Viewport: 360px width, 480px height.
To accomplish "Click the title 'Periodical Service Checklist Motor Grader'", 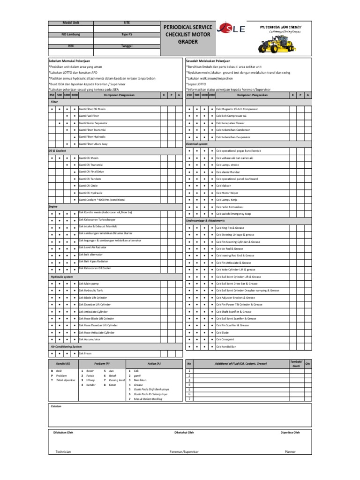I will [x=187, y=35].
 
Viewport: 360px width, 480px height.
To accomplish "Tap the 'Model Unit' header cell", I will [x=71, y=22].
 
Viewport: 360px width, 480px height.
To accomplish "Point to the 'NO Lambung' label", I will [x=71, y=35].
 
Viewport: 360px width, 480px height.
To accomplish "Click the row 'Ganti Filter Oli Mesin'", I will [x=92, y=108].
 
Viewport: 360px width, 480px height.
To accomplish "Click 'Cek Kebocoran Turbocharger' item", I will [x=97, y=220].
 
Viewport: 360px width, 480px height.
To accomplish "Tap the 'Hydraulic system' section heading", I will [x=62, y=277].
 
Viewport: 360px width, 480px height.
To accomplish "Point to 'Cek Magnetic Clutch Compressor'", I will [x=237, y=109].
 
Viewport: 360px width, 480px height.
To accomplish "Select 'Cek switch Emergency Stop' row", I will [x=233, y=214].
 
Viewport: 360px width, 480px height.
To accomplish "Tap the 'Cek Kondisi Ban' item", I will [x=227, y=346].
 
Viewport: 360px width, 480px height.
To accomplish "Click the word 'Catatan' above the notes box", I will [x=56, y=406].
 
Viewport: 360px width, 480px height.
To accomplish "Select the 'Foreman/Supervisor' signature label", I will [x=184, y=451].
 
